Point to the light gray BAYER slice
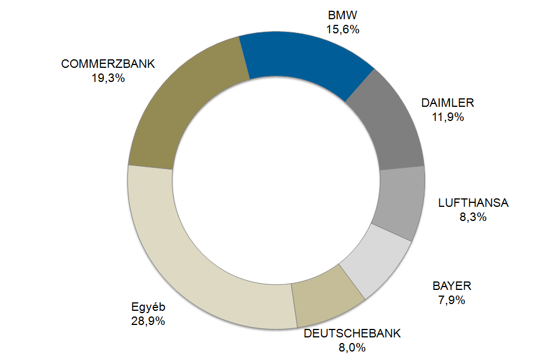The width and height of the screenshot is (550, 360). coord(376,263)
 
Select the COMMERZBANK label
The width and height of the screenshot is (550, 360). coord(108,64)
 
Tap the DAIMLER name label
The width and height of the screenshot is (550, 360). coord(448,103)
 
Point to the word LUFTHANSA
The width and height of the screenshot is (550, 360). coord(473,203)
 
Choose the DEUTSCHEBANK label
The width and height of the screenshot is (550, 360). coord(352,333)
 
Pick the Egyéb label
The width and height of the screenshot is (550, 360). coord(148,307)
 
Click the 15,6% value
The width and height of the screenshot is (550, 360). coord(343,30)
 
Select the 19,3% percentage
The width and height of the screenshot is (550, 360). coord(108,78)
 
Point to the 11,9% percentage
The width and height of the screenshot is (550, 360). coord(448,117)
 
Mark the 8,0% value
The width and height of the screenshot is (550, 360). coord(352,347)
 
